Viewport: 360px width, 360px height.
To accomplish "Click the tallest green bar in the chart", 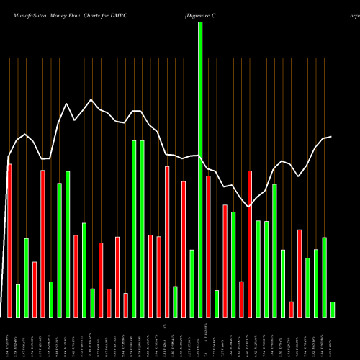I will pos(200,169).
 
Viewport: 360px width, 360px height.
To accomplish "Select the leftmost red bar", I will pos(9,240).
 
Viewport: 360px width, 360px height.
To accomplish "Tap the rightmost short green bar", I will pos(333,310).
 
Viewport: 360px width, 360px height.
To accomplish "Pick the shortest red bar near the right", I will pos(292,310).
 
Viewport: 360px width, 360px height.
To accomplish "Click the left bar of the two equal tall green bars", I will pos(134,228).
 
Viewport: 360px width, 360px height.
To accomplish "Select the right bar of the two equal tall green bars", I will pos(142,228).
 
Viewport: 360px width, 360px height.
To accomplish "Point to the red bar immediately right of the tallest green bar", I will pos(208,246).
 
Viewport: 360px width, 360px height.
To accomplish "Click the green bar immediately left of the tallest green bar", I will pos(192,283).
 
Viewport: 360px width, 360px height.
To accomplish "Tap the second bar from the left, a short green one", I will pos(18,301).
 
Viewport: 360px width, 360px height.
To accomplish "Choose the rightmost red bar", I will pos(300,273).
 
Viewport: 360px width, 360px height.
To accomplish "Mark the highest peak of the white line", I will pos(91,100).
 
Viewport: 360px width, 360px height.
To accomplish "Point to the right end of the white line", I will pos(331,137).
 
